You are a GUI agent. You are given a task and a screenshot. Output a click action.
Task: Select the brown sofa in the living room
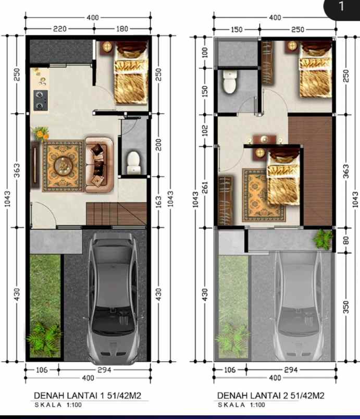pyautogui.click(x=99, y=162)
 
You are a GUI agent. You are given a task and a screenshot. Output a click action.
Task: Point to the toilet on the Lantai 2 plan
pyautogui.click(x=230, y=82)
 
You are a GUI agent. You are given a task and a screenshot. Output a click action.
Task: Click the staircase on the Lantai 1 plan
pyautogui.click(x=116, y=214)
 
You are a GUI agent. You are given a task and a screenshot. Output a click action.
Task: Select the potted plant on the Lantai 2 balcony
pyautogui.click(x=323, y=239)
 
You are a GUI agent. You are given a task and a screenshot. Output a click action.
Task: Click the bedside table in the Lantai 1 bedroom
pyautogui.click(x=107, y=46)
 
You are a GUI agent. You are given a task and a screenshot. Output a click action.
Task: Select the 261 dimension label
pyautogui.click(x=205, y=187)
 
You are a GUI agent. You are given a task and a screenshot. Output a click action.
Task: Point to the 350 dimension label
pyautogui.click(x=346, y=307)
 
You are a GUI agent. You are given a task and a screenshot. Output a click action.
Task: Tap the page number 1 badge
pyautogui.click(x=342, y=7)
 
